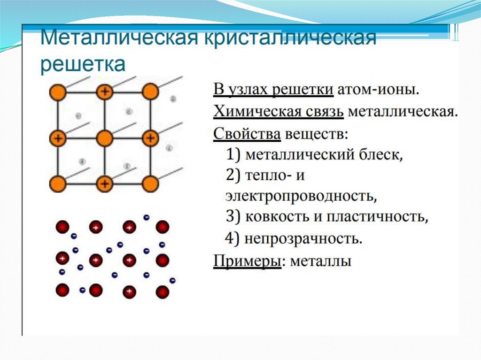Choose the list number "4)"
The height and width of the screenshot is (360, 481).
233,239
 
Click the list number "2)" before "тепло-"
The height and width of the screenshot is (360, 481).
233,176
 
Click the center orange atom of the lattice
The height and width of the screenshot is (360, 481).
104,138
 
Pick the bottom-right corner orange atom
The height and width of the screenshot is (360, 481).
150,184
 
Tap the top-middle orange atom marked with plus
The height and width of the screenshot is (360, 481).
104,92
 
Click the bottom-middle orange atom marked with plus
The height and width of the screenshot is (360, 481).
104,184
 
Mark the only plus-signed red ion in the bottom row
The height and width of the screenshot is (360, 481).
129,291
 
